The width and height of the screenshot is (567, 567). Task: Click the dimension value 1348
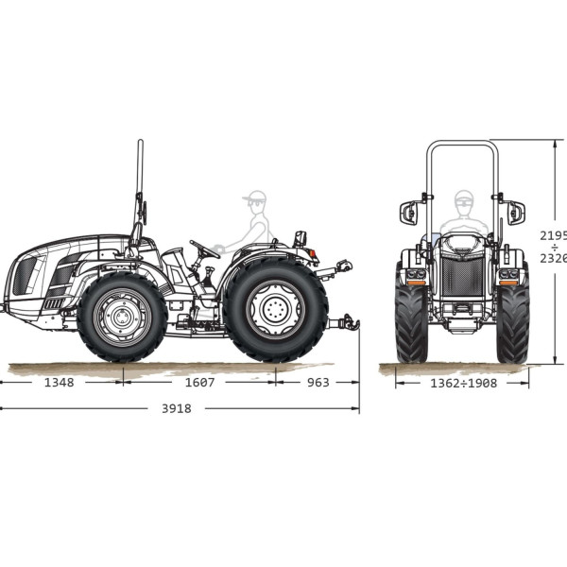click(59, 382)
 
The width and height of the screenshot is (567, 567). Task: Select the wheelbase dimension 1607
click(199, 382)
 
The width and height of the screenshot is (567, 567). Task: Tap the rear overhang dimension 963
click(318, 382)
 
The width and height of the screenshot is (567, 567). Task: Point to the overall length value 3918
click(177, 408)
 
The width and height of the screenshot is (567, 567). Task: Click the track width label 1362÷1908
click(464, 384)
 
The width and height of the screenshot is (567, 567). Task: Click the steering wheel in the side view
click(204, 249)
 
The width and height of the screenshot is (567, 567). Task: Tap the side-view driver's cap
click(254, 196)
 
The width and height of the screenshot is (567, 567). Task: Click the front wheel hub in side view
click(122, 318)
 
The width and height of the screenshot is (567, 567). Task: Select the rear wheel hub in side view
click(276, 310)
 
